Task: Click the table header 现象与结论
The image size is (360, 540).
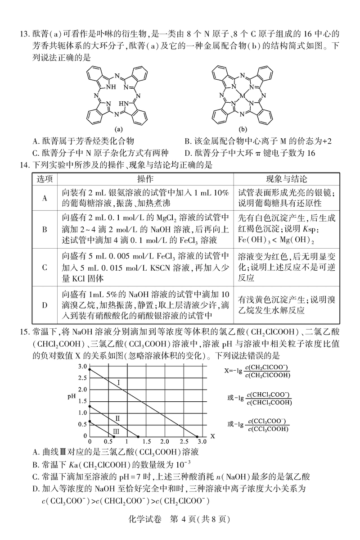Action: point(283,179)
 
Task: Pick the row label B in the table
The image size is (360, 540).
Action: point(45,229)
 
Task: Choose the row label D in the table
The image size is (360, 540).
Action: point(45,305)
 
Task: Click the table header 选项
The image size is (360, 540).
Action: point(45,179)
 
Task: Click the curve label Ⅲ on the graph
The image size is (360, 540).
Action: point(116,432)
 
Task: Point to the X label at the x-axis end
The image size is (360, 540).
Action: point(212,436)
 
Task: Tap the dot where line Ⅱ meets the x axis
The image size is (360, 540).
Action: point(138,436)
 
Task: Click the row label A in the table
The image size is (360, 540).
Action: point(45,197)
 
